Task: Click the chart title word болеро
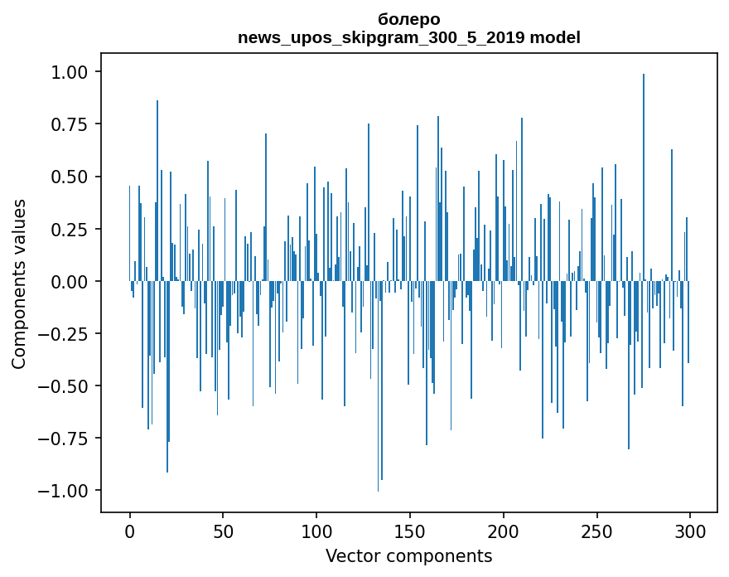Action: (x=409, y=19)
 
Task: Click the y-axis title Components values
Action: (x=19, y=284)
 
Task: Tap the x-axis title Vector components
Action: (x=409, y=555)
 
